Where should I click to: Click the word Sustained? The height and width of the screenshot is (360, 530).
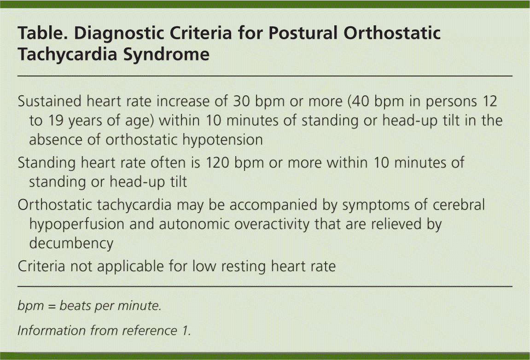(50, 101)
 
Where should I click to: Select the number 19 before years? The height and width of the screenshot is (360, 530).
(56, 121)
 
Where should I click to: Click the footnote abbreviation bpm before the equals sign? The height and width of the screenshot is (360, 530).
(31, 306)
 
